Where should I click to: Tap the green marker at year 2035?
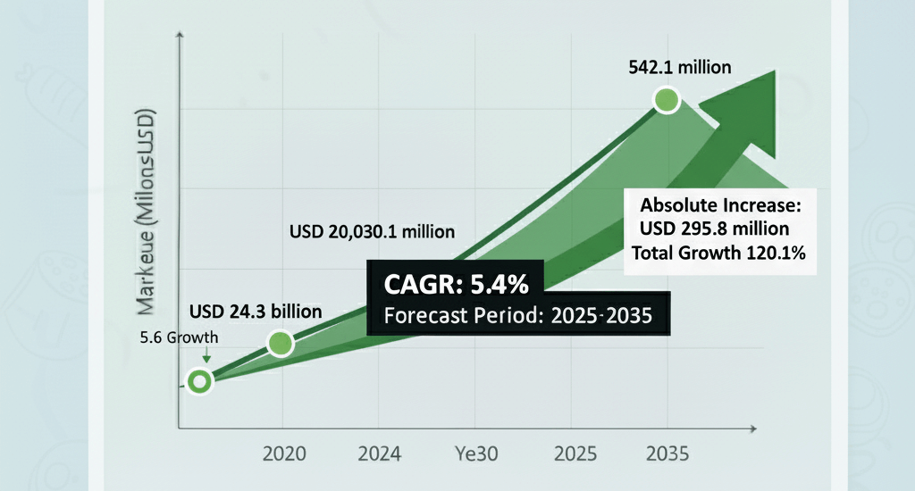pyautogui.click(x=667, y=100)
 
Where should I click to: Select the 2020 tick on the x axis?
pyautogui.click(x=283, y=454)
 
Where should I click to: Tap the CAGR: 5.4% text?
pyautogui.click(x=457, y=286)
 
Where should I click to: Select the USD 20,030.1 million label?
pyautogui.click(x=372, y=231)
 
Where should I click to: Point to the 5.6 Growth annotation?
pyautogui.click(x=179, y=339)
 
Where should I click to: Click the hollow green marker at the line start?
pyautogui.click(x=199, y=382)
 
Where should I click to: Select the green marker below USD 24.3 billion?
pyautogui.click(x=280, y=343)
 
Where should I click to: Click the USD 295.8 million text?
pyautogui.click(x=714, y=229)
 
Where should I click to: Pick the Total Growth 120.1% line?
pyautogui.click(x=719, y=253)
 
